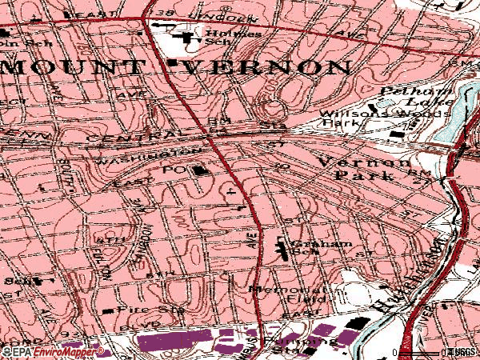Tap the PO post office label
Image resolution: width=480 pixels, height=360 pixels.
click(x=174, y=170)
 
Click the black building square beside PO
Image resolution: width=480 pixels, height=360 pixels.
click(x=197, y=170)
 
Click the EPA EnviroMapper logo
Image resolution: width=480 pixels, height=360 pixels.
click(x=42, y=352)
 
